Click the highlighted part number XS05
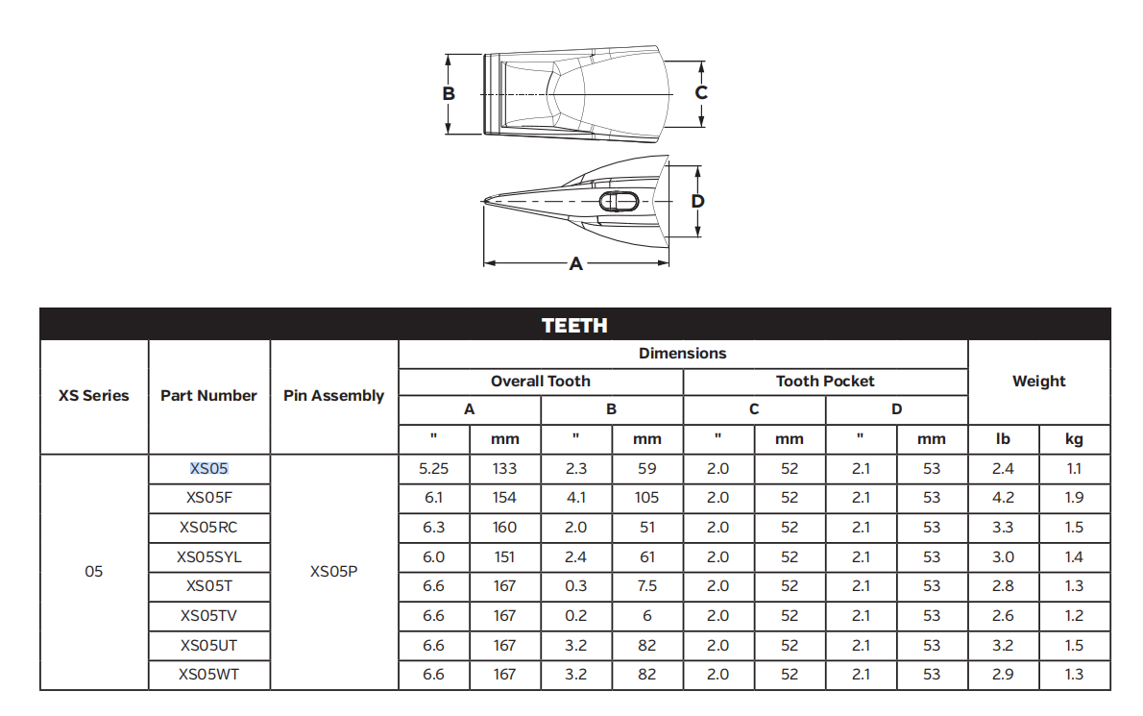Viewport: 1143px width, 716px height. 209,469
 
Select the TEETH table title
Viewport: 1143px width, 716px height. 574,325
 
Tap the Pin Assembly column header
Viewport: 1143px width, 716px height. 334,396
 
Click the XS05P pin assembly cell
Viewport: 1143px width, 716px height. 334,572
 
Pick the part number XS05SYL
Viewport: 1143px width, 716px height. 209,557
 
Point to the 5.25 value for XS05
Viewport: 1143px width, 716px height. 434,469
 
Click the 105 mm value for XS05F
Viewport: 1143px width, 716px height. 646,498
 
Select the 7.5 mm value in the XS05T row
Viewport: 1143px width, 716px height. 646,586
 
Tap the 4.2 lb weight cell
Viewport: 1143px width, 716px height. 1003,498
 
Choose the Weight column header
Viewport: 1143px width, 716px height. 1038,382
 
